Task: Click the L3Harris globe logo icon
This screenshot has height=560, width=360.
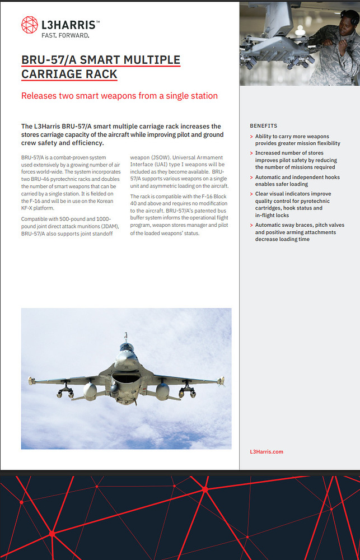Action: [30, 25]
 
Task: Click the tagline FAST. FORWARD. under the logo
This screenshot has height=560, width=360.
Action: [66, 35]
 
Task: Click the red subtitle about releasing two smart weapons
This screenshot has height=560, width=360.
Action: [119, 96]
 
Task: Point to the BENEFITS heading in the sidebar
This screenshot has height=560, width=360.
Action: [263, 126]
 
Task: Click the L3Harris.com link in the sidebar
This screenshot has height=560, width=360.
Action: [267, 451]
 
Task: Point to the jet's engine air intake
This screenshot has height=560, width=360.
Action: [126, 381]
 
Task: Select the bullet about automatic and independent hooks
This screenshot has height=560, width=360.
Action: [297, 180]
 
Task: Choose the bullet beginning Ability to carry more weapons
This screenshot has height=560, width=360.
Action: [297, 139]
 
